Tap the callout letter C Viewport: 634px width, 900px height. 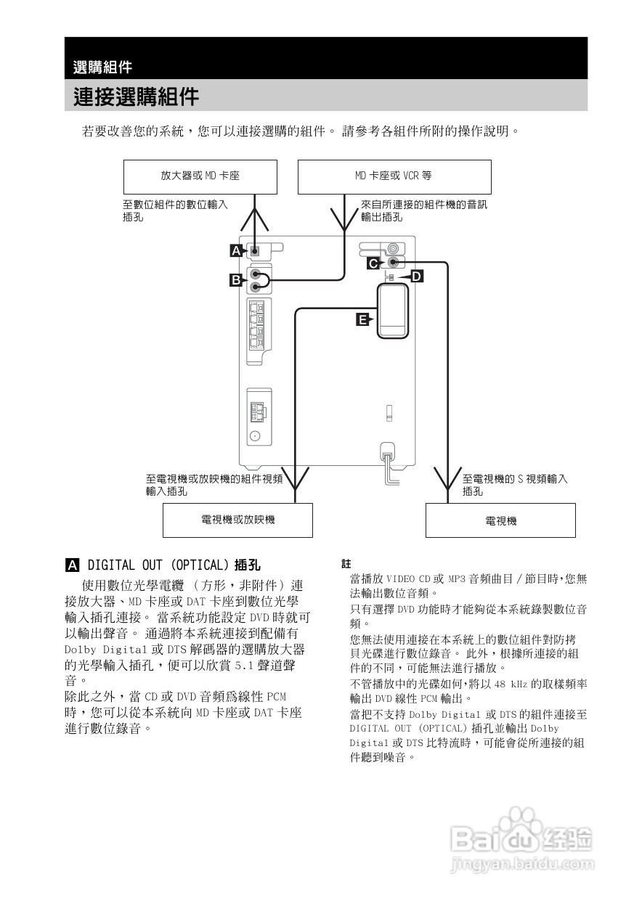click(x=372, y=263)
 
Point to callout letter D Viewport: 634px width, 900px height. click(x=416, y=277)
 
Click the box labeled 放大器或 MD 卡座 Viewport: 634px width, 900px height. click(x=200, y=176)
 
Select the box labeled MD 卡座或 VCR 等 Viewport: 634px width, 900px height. click(x=394, y=176)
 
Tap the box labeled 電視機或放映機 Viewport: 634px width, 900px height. click(x=237, y=520)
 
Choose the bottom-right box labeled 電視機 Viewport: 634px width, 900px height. click(x=500, y=520)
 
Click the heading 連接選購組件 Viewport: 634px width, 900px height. click(x=136, y=96)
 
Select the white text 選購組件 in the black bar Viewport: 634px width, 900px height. click(x=102, y=67)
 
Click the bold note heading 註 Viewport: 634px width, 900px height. click(x=346, y=563)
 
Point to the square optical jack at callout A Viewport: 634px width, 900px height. click(x=255, y=252)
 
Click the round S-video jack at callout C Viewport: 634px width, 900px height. click(x=394, y=262)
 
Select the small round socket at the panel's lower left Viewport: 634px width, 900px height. click(x=255, y=437)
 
